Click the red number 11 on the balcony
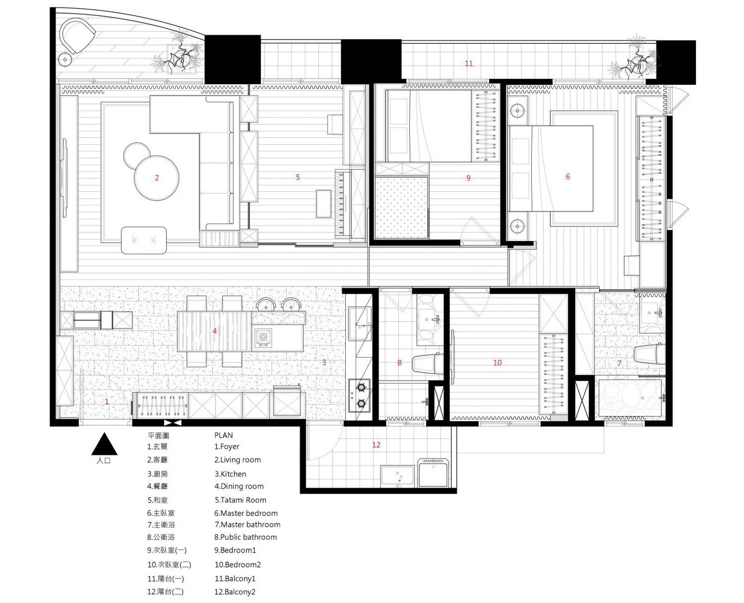pos(469,63)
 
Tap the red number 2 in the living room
pos(157,178)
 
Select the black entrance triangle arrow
pos(104,444)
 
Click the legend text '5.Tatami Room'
pos(240,500)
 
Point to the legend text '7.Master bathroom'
pos(247,524)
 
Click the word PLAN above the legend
pos(224,435)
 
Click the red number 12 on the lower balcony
pos(376,445)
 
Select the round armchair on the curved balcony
pos(78,36)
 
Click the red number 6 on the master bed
pos(568,177)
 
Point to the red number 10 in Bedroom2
pos(497,362)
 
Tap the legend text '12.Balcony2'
pos(235,592)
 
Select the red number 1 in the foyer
pos(107,402)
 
